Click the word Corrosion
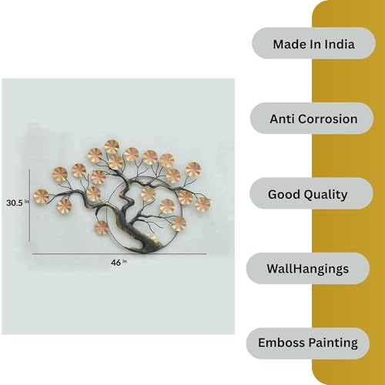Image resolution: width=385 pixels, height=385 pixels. pos(328,119)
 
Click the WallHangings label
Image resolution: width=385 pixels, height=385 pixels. pos(308,269)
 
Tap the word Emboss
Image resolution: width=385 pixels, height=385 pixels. pos(281,343)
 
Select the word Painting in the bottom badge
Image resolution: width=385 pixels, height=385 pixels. pos(333,343)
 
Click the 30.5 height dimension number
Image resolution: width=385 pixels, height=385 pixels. pos(15,203)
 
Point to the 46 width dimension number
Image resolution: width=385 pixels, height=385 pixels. pos(115,263)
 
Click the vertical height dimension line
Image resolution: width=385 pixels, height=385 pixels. pos(29,206)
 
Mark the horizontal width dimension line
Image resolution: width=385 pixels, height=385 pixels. pos(119,254)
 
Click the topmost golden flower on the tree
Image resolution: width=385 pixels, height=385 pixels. pos(112,146)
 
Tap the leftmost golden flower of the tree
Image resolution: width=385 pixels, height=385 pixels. pos(41,196)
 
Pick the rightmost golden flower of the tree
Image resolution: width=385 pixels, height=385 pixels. pos(203,205)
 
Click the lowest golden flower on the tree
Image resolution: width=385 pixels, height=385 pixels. pos(101,228)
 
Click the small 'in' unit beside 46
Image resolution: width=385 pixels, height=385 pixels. pos(125,261)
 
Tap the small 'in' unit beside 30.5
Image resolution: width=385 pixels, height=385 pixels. pos(26,201)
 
